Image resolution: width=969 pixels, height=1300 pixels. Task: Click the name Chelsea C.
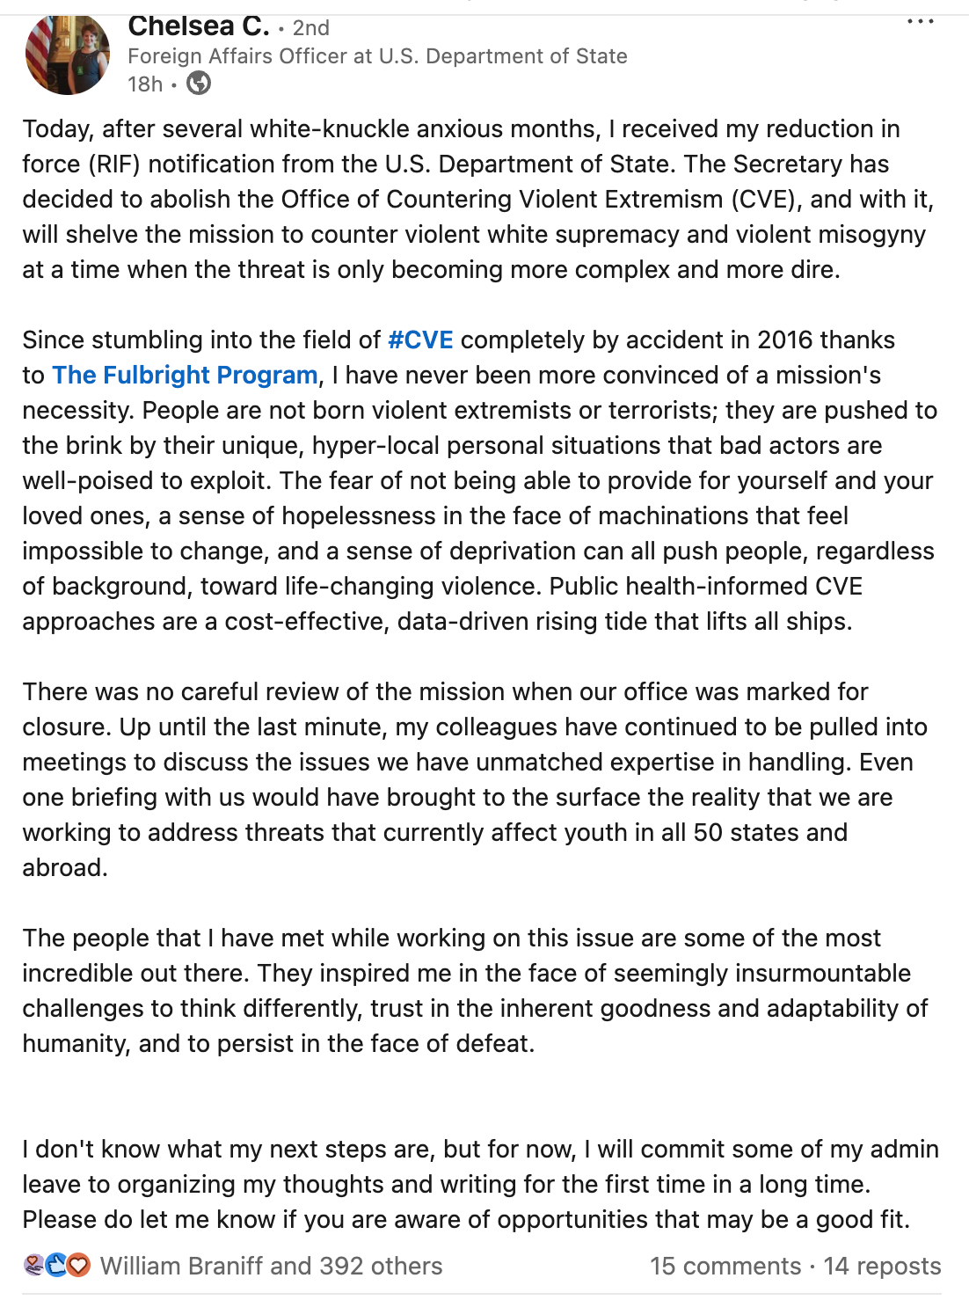[x=198, y=26]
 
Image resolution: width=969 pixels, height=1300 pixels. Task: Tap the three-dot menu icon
[x=920, y=21]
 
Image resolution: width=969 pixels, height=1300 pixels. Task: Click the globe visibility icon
[x=200, y=84]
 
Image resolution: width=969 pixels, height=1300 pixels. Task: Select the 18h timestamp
[x=145, y=84]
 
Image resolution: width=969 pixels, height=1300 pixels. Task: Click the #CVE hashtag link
[x=420, y=340]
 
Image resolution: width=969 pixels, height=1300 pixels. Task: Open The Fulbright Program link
[x=185, y=376]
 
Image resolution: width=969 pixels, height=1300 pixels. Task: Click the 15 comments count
[x=725, y=1266]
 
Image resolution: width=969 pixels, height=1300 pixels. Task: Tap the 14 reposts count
[x=882, y=1266]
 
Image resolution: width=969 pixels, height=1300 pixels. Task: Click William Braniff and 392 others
[x=271, y=1266]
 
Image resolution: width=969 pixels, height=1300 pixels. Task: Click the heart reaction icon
[x=79, y=1266]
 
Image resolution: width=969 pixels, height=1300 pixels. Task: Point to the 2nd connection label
[x=310, y=28]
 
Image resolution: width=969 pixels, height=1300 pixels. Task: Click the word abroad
[x=64, y=868]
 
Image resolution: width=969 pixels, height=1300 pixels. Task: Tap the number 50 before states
[x=708, y=833]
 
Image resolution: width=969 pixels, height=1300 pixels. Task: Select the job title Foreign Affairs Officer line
[x=377, y=56]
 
